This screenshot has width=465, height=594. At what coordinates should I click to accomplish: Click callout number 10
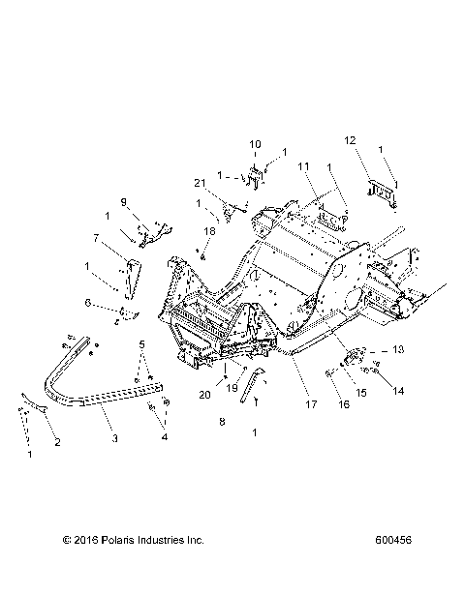point(256,145)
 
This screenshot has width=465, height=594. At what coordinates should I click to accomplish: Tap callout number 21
point(199,183)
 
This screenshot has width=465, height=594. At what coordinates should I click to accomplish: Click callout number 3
point(115,438)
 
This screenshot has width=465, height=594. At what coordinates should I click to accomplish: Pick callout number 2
point(56,442)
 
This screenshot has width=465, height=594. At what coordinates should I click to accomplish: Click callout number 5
point(141,343)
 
